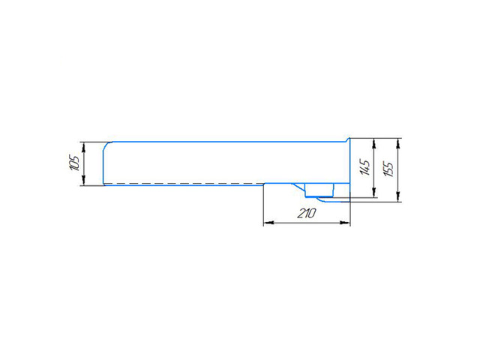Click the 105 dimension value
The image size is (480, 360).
coord(74,163)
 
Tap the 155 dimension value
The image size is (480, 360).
coord(388,169)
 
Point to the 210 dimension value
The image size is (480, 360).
coord(307,213)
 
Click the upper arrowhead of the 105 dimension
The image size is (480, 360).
coord(83,147)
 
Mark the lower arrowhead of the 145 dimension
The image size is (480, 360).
coord(373,192)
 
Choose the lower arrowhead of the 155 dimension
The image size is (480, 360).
coord(398,196)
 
